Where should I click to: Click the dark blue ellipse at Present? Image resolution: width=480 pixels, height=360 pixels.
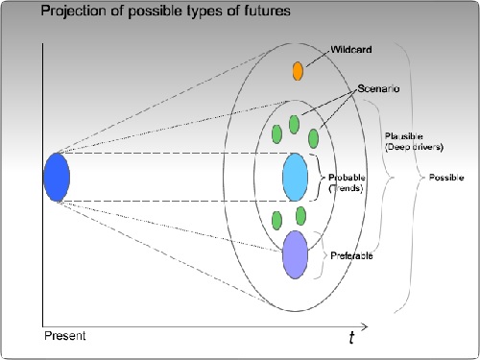pos(57,178)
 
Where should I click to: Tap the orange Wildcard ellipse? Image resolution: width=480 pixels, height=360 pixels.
pos(298,70)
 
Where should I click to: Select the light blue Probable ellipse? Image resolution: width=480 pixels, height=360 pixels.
pos(295,177)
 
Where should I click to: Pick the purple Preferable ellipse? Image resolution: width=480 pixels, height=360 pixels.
pos(295,253)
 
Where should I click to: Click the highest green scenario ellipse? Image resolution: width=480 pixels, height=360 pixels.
pos(294,124)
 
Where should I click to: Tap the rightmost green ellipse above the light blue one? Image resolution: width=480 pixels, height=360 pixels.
pos(313,137)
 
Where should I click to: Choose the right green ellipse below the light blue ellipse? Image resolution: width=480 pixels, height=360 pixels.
pos(300,216)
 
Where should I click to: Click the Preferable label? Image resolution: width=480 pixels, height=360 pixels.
pos(352,257)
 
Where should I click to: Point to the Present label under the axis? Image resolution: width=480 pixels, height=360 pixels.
pos(64,336)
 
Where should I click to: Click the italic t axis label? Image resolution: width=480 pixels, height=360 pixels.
pos(351,337)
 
